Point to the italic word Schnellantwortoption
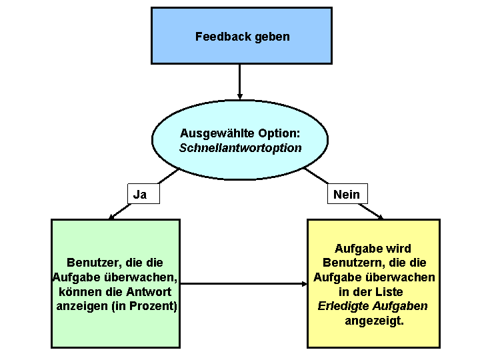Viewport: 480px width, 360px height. (x=240, y=148)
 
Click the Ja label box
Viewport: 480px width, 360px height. (x=140, y=194)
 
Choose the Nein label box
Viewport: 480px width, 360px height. (x=346, y=194)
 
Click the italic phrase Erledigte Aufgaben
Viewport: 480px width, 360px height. (x=373, y=307)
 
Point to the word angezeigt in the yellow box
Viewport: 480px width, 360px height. (x=375, y=321)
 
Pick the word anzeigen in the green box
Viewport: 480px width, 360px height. (x=82, y=307)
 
